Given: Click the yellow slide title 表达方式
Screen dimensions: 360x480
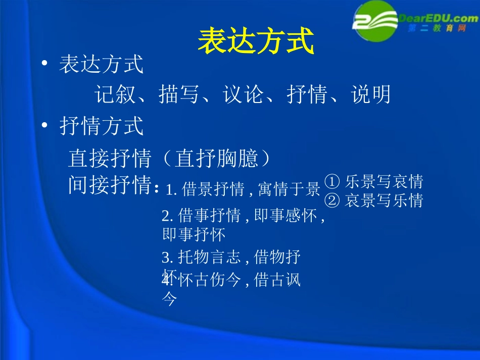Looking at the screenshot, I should click(x=256, y=40).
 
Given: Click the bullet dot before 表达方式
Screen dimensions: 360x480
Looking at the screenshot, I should click(x=45, y=64).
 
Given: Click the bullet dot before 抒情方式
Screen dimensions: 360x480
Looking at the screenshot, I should click(x=45, y=126).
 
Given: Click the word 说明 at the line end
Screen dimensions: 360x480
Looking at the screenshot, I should click(x=372, y=94).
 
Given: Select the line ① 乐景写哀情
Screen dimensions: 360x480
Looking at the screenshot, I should click(x=373, y=181).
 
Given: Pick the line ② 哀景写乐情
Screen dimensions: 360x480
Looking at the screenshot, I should click(x=373, y=201).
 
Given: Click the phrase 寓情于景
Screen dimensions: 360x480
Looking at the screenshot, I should click(x=289, y=190).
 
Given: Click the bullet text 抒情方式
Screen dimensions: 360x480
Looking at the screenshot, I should click(x=102, y=126).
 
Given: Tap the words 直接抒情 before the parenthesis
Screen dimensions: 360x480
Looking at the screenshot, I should click(x=110, y=159).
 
